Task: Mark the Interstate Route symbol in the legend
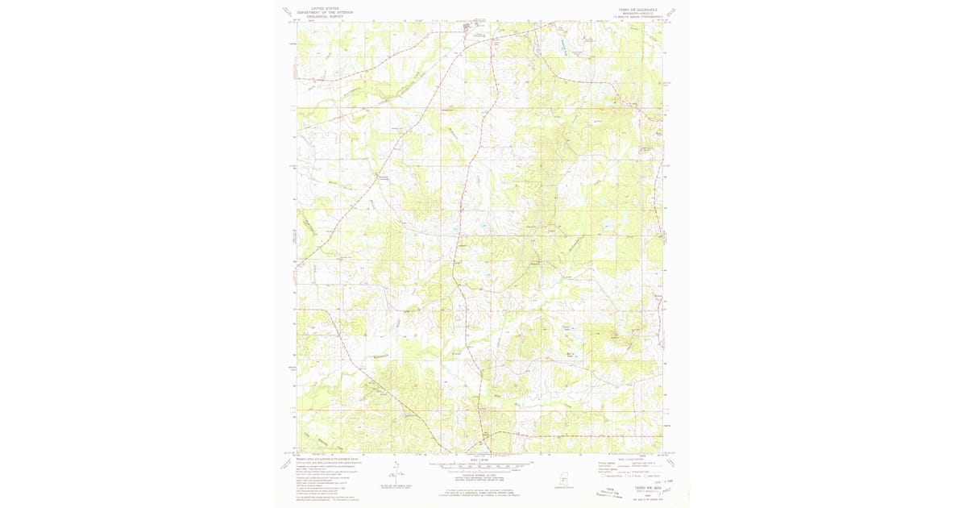pyautogui.click(x=600, y=476)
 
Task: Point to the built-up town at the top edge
pyautogui.click(x=470, y=27)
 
